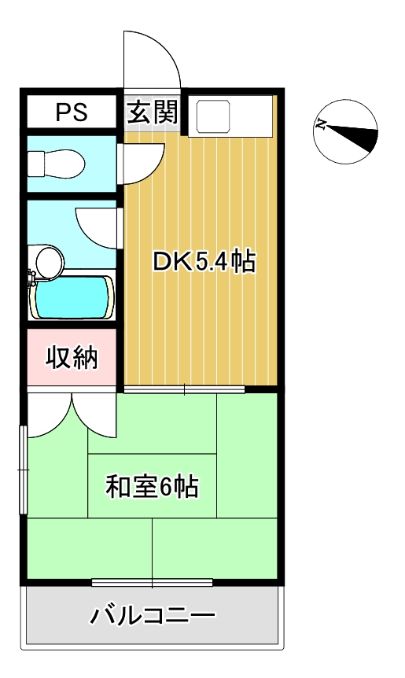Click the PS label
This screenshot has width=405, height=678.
tap(72, 112)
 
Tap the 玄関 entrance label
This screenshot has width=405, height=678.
tap(153, 112)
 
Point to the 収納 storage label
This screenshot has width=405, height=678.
tap(72, 357)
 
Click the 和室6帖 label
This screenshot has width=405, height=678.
tap(152, 486)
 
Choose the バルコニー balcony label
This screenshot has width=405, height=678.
tap(152, 614)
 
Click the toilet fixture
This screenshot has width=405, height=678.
tap(56, 164)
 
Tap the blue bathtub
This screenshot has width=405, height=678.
tap(72, 297)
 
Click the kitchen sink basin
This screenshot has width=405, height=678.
tap(213, 116)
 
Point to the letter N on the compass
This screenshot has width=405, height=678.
tap(320, 125)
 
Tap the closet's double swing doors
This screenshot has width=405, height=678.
tap(72, 415)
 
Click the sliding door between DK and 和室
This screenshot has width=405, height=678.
tap(185, 389)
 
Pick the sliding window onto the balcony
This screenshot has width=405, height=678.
tap(152, 582)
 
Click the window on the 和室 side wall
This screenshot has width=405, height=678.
tap(23, 469)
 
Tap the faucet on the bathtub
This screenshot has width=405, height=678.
tap(31, 278)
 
